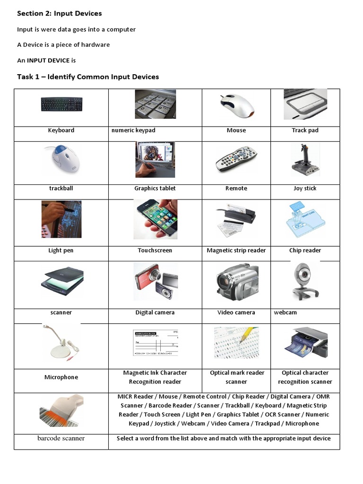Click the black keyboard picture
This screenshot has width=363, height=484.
pyautogui.click(x=61, y=104)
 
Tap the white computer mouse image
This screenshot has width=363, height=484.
pyautogui.click(x=237, y=105)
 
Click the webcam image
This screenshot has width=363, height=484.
pyautogui.click(x=305, y=281)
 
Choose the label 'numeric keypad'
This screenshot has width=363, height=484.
pyautogui.click(x=133, y=130)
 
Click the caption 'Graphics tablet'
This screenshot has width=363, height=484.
pyautogui.click(x=155, y=188)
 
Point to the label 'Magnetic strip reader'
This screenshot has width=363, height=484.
pyautogui.click(x=236, y=251)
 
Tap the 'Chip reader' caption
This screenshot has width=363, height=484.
pyautogui.click(x=305, y=251)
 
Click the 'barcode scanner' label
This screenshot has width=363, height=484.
pyautogui.click(x=61, y=438)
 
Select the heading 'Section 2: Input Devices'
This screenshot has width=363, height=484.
pyautogui.click(x=60, y=13)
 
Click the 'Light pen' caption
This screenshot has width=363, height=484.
pyautogui.click(x=61, y=251)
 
